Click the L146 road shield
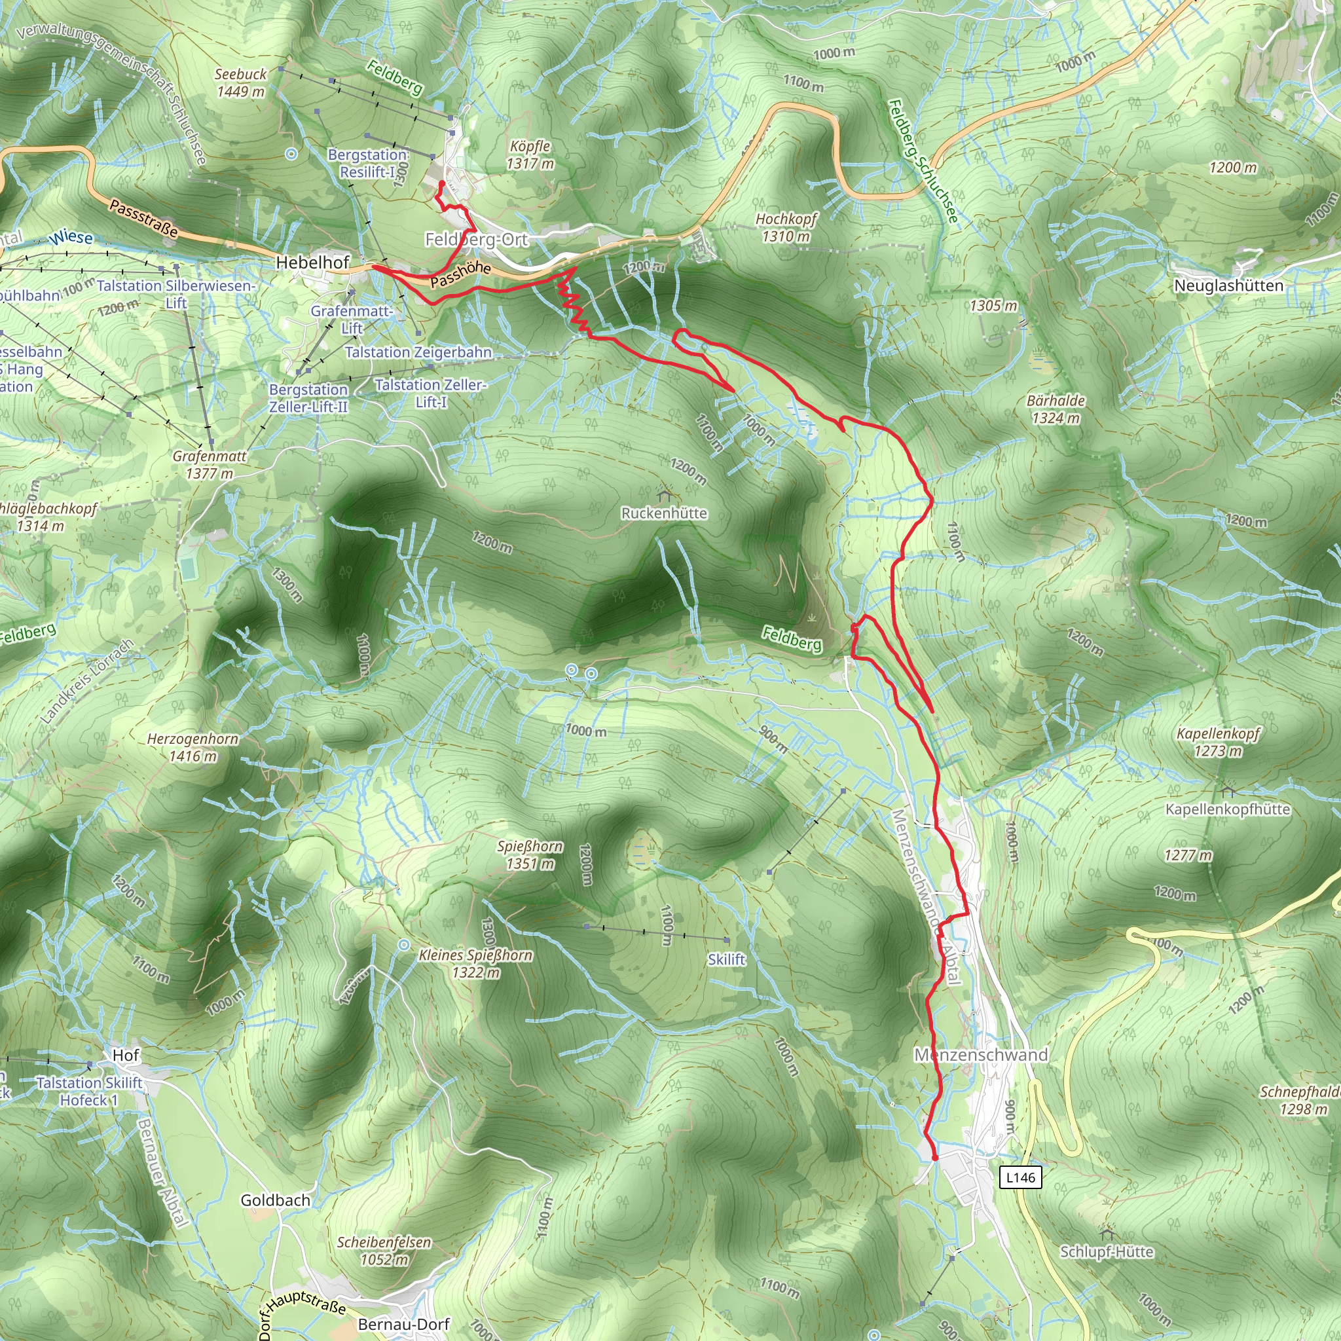(1020, 1177)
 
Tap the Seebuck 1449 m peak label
(240, 83)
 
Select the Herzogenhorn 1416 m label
(193, 748)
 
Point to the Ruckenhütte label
(664, 513)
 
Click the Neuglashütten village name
(1228, 285)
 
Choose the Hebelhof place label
(312, 263)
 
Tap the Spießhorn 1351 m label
(530, 854)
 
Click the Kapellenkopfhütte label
(1227, 809)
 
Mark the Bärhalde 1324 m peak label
(1055, 409)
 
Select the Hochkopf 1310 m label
(786, 228)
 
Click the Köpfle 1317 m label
(530, 155)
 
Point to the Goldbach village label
(276, 1200)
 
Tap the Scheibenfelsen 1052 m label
(384, 1250)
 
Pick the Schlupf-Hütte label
(1107, 1251)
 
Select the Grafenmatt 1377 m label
(209, 464)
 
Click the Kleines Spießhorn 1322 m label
(475, 963)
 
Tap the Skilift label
(726, 959)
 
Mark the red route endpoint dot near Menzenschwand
(934, 1158)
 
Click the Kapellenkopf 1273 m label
(1218, 742)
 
